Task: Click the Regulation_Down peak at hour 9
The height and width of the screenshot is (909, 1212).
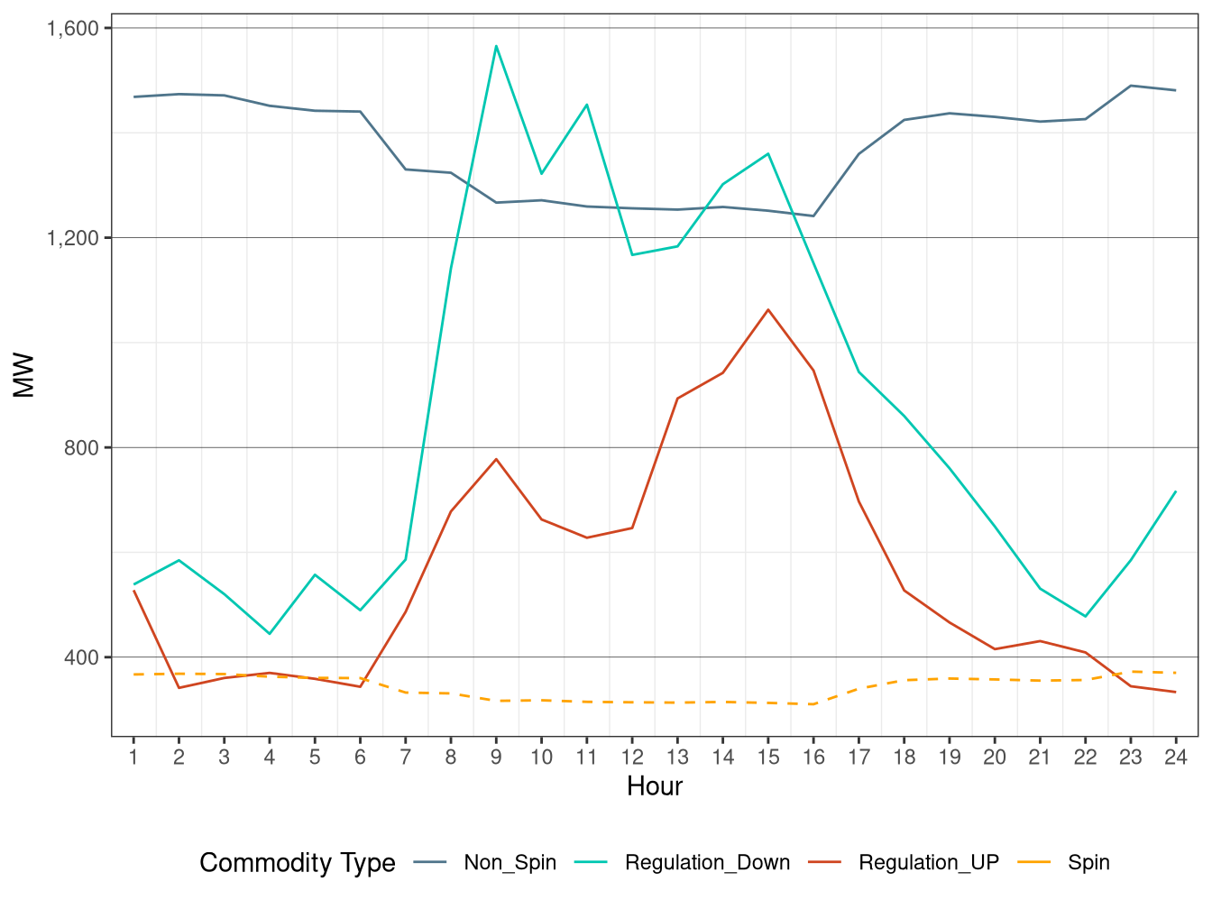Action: [x=496, y=46]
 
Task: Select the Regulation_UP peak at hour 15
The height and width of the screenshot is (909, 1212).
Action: [x=768, y=310]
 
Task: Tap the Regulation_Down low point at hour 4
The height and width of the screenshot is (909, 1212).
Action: [x=270, y=634]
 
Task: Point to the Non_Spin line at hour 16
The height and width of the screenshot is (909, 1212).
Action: [x=813, y=216]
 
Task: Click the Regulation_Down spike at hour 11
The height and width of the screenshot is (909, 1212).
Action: [x=587, y=105]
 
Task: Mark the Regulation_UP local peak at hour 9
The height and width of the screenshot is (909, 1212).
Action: [x=496, y=459]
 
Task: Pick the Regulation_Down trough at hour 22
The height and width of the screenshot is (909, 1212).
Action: [x=1085, y=617]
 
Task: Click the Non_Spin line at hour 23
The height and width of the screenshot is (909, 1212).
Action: [x=1131, y=86]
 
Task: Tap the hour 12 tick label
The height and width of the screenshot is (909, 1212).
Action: [x=632, y=757]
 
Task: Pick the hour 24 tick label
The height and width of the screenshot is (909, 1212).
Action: [x=1176, y=757]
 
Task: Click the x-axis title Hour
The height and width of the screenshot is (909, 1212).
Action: [x=655, y=787]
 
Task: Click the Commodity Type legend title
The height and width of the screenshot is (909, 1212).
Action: [x=298, y=863]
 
